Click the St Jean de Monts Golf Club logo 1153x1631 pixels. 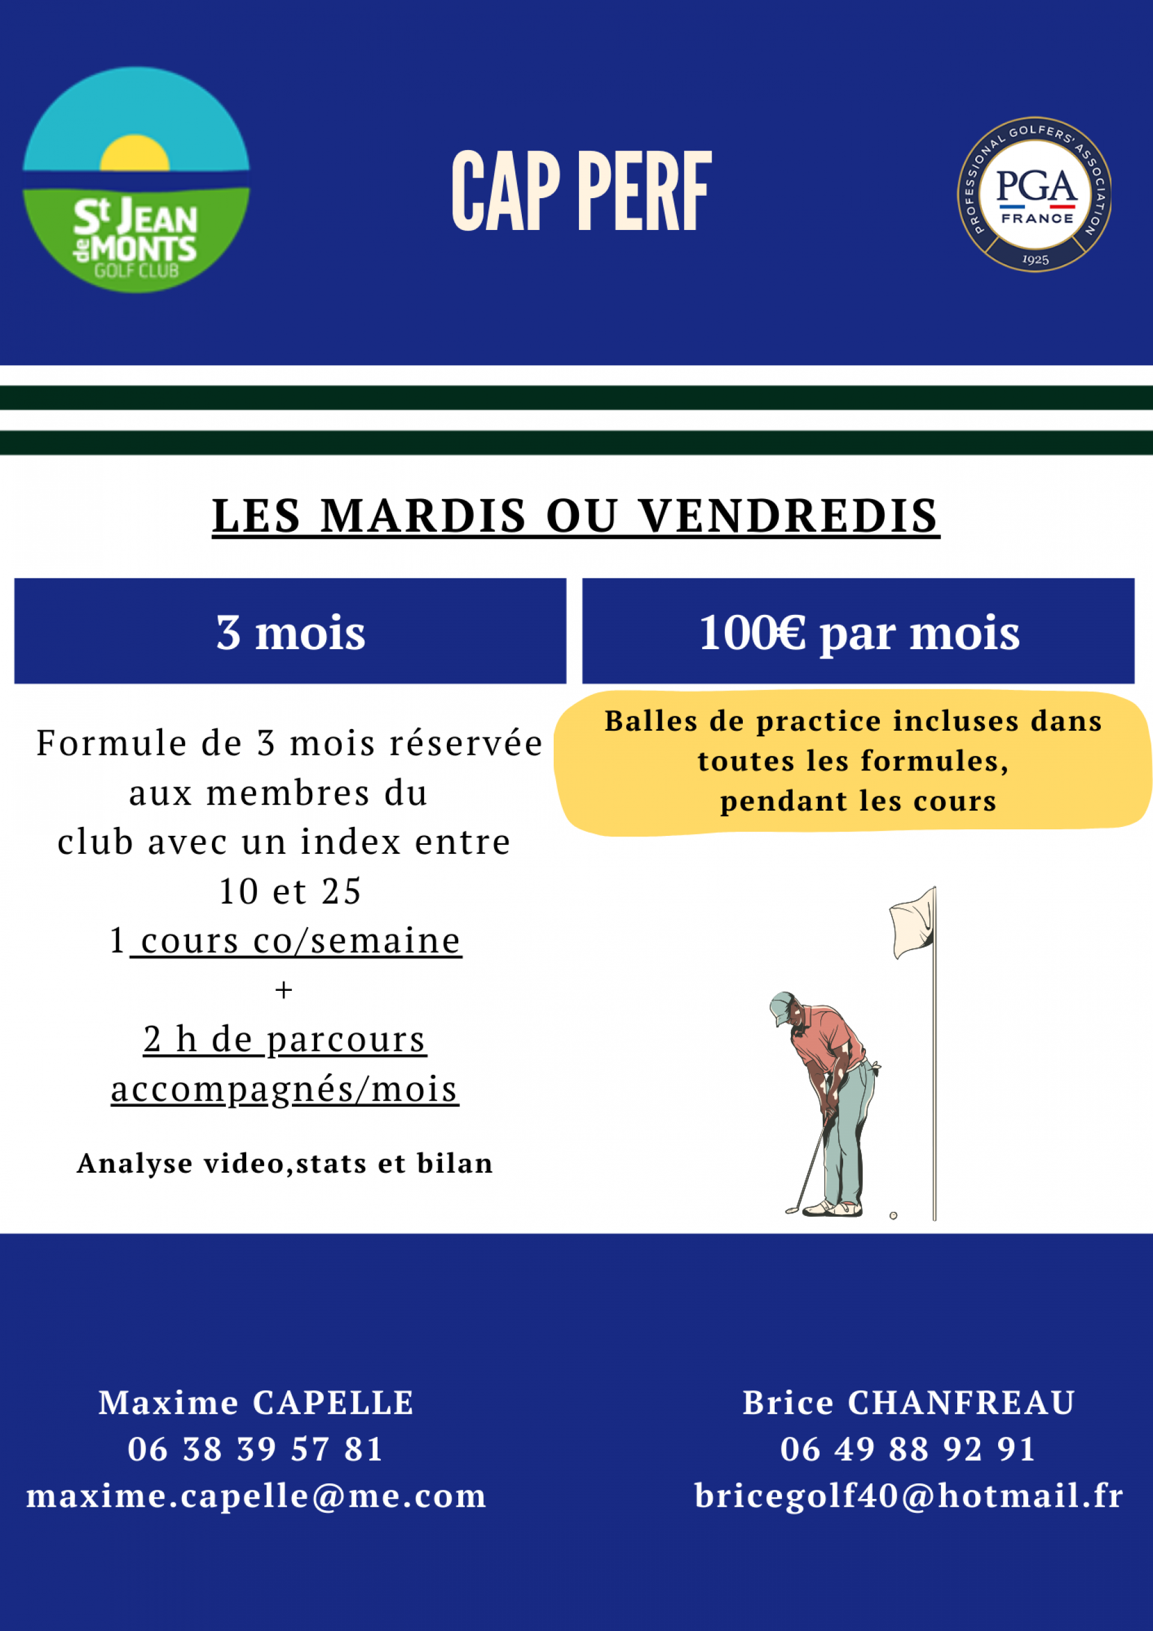[136, 180]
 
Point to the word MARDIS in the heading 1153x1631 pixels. [423, 516]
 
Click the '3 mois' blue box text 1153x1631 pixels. [291, 632]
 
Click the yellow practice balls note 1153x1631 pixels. [853, 761]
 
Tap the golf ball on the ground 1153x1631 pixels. [893, 1215]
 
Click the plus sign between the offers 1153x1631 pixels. [283, 990]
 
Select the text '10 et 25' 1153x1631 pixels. [291, 892]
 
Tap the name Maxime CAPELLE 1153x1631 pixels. [256, 1403]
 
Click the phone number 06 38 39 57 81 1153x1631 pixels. [256, 1449]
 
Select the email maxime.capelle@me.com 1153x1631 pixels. [256, 1495]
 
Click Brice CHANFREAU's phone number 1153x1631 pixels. [908, 1449]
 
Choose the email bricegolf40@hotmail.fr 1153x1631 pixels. [909, 1495]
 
